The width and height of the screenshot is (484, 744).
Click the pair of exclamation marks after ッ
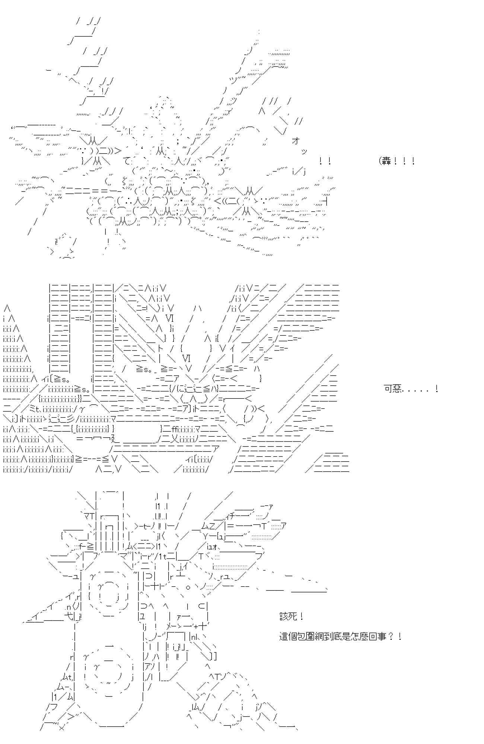point(325,161)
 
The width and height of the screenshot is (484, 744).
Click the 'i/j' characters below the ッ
point(299,171)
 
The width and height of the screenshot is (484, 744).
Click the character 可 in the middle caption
point(388,389)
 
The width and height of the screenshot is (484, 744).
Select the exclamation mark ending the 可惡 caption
point(436,389)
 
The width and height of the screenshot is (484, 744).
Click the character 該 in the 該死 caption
point(284,616)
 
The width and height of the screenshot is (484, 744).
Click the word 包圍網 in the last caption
point(311,636)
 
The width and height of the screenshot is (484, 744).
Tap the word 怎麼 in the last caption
point(355,636)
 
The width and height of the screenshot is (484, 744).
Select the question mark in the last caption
point(391,636)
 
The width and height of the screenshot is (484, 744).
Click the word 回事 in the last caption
point(373,636)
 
